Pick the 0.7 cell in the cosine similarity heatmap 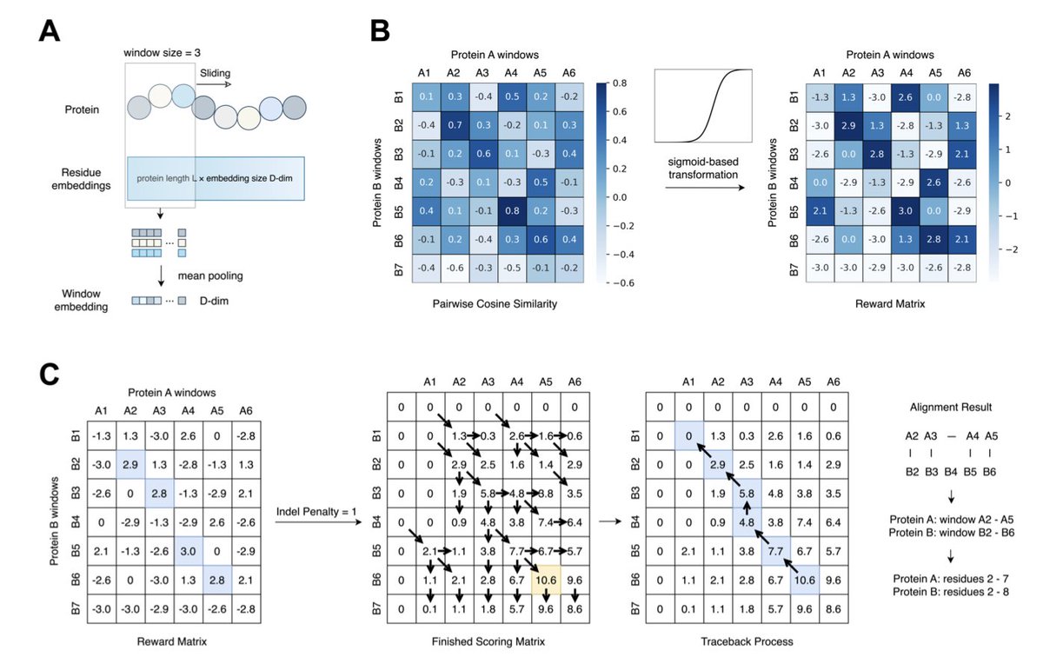point(454,125)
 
